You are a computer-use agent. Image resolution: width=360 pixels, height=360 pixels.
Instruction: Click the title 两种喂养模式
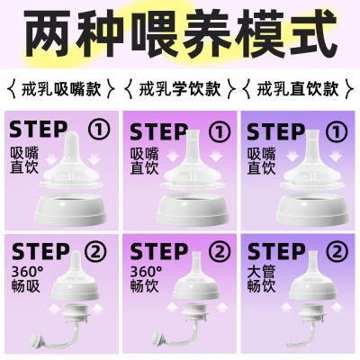pos(181,33)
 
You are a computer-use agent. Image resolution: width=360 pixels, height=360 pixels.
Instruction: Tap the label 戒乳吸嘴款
pos(61,88)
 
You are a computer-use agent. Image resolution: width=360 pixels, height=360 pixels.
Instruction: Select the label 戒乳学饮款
pos(180,88)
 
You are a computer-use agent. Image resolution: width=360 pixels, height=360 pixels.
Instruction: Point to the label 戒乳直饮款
pos(298,88)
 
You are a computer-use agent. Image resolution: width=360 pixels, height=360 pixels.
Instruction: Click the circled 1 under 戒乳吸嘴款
pos(99,130)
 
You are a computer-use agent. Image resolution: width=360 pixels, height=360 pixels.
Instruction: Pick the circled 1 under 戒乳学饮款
pos(220,131)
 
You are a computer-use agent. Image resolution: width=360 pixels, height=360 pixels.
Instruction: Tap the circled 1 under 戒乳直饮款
pos(337,131)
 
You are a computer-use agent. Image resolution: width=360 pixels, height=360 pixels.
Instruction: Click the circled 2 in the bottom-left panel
pos(96,252)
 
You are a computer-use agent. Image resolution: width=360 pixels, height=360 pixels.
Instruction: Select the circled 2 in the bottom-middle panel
pos(220,252)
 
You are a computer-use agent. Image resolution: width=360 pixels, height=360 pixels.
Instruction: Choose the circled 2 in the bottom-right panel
pos(337,252)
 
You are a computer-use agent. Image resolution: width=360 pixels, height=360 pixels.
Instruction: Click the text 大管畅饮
pos(261,279)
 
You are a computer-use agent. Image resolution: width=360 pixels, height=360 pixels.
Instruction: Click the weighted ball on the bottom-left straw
pos(37,340)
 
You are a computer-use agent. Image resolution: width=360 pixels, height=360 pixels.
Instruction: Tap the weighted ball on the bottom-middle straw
pos(158,340)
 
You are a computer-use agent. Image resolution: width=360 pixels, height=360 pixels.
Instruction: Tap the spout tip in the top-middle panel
pos(193,132)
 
